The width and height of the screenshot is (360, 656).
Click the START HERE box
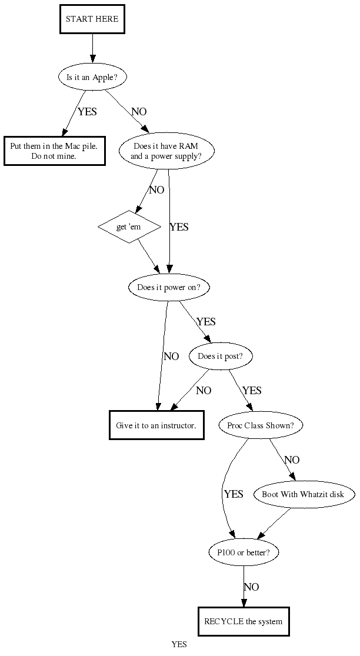click(x=92, y=19)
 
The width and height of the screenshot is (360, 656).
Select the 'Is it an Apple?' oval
click(x=92, y=76)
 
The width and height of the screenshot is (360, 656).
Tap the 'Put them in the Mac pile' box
click(x=54, y=151)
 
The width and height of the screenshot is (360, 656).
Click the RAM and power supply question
click(x=166, y=151)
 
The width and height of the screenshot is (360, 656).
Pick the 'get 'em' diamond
click(x=129, y=226)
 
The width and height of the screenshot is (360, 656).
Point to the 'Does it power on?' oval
click(x=169, y=288)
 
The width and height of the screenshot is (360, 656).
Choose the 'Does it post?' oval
click(x=221, y=356)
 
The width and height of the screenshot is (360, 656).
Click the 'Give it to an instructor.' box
click(x=156, y=425)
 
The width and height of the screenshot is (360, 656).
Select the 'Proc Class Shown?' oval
click(x=261, y=425)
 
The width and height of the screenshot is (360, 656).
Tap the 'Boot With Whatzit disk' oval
click(x=304, y=494)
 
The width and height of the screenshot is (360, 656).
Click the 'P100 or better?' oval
click(x=244, y=552)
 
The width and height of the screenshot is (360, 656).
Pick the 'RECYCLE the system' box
click(x=243, y=621)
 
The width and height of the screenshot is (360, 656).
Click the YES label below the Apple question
click(x=87, y=111)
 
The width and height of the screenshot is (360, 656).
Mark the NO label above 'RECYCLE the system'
click(x=251, y=587)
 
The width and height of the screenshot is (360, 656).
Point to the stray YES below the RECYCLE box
click(x=179, y=644)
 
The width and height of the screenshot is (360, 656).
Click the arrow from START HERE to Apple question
click(x=92, y=49)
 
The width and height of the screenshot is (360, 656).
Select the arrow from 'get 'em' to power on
click(x=148, y=255)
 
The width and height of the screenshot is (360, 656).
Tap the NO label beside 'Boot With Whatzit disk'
click(x=292, y=459)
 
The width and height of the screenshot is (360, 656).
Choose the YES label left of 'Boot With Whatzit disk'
click(x=234, y=494)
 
